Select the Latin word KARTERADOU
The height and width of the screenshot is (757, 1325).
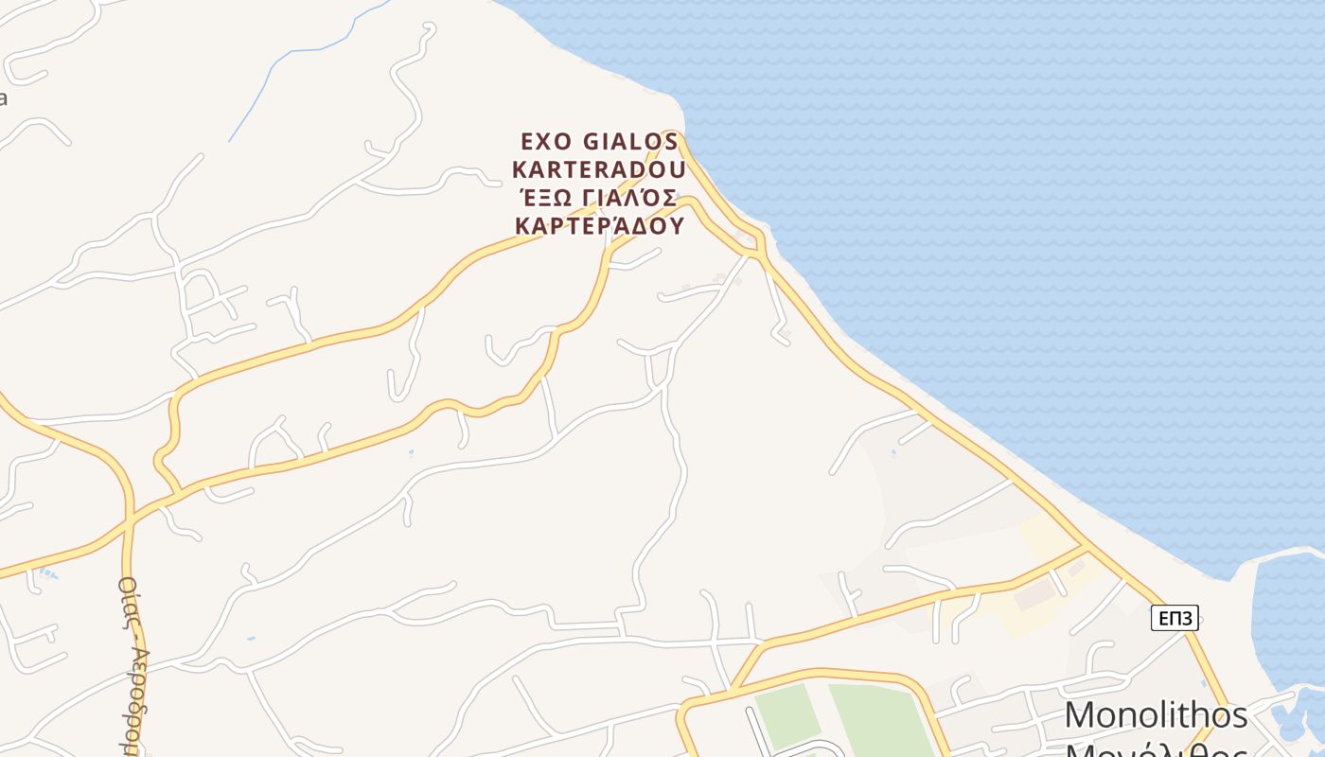pyautogui.click(x=598, y=170)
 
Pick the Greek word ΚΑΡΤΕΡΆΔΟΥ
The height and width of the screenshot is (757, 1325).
pyautogui.click(x=598, y=226)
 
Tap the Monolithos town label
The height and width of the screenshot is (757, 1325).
pyautogui.click(x=1156, y=715)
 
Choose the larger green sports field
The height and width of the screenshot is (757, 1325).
pyautogui.click(x=880, y=719)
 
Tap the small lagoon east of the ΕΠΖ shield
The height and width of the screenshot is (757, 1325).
pyautogui.click(x=1287, y=615)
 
